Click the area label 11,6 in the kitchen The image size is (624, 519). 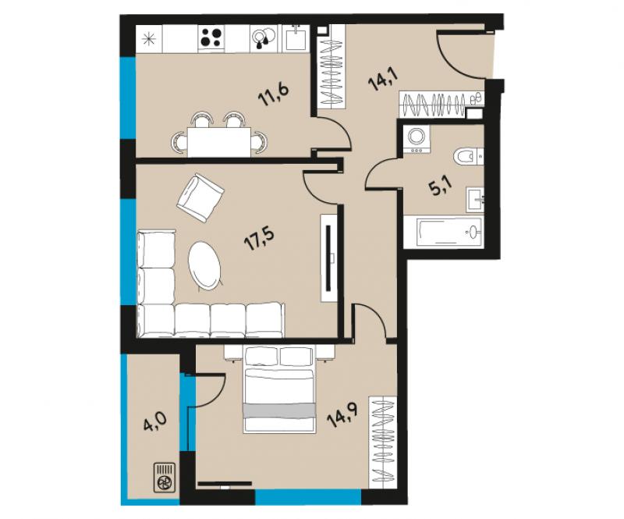(273, 94)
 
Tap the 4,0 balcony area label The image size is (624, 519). (154, 421)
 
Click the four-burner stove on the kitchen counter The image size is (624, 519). (211, 38)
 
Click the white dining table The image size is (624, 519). (219, 142)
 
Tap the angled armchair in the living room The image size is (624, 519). (200, 198)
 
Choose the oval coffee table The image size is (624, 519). (204, 265)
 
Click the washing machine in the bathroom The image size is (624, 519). (417, 139)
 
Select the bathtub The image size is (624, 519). (443, 233)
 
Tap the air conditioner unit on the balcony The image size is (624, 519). (165, 476)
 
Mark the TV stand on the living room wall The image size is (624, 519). (329, 258)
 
